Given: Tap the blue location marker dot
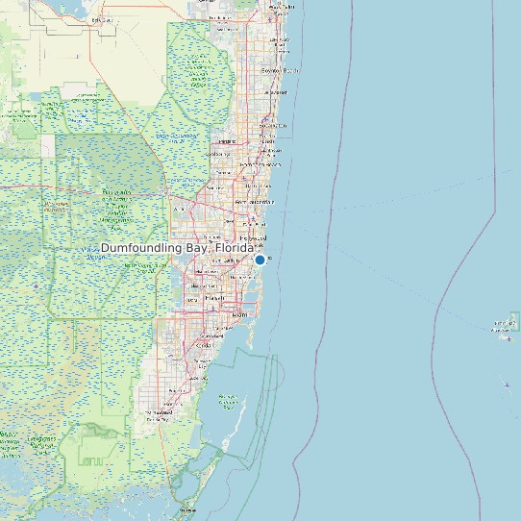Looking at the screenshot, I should tap(260, 260).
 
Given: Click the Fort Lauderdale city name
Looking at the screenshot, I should tap(260, 202).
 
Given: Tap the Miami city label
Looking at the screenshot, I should tap(238, 314).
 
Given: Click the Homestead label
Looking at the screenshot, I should tap(154, 415).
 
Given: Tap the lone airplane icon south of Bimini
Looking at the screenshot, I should tap(507, 385).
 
